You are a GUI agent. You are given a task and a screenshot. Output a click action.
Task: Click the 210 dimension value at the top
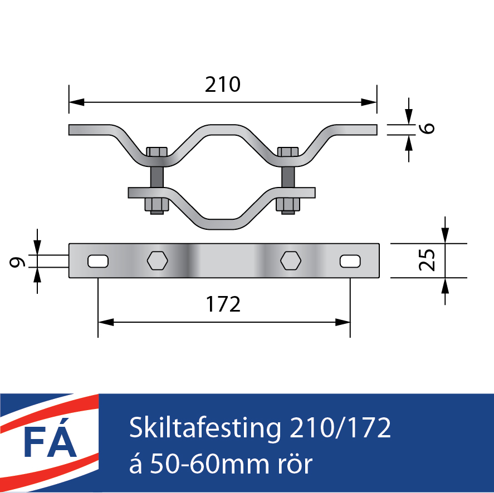pyautogui.click(x=223, y=85)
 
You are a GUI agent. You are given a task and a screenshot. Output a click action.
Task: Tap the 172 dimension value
pyautogui.click(x=223, y=304)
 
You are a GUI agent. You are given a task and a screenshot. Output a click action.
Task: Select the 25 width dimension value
pyautogui.click(x=427, y=260)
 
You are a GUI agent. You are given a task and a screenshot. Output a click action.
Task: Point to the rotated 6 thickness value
pyautogui.click(x=427, y=128)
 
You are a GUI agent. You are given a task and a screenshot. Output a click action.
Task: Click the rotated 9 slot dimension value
pyautogui.click(x=17, y=262)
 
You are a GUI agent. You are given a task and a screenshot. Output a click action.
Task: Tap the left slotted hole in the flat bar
pyautogui.click(x=98, y=262)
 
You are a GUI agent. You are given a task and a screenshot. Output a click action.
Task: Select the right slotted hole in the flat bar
pyautogui.click(x=350, y=262)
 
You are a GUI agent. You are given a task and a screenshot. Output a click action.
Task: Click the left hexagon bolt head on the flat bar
pyautogui.click(x=158, y=260)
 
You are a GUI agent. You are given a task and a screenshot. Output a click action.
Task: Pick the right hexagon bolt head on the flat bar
pyautogui.click(x=291, y=260)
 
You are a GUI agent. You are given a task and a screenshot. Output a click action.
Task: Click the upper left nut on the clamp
pyautogui.click(x=157, y=152)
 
